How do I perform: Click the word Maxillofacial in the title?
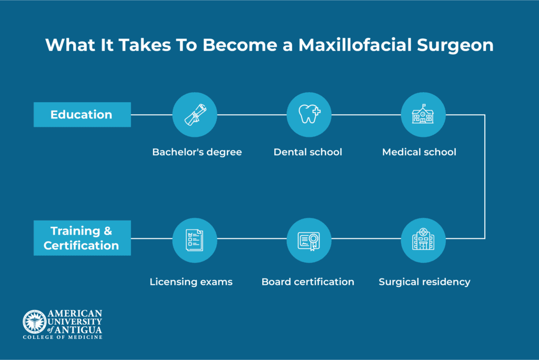355,45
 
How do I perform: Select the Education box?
82,115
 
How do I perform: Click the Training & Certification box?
82,238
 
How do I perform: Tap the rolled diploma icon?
195,115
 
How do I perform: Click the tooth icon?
309,114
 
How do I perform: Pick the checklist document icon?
195,240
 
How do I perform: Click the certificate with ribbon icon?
309,241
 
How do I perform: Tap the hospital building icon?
423,239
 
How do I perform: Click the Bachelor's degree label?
197,152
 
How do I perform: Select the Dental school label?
307,152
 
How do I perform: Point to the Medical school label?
419,152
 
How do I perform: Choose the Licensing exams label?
191,282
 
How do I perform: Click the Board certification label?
307,282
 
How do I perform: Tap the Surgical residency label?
425,282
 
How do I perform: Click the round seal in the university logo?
35,322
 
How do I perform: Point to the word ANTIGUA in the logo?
78,330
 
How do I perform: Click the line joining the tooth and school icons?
366,115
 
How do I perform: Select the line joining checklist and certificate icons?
252,238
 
